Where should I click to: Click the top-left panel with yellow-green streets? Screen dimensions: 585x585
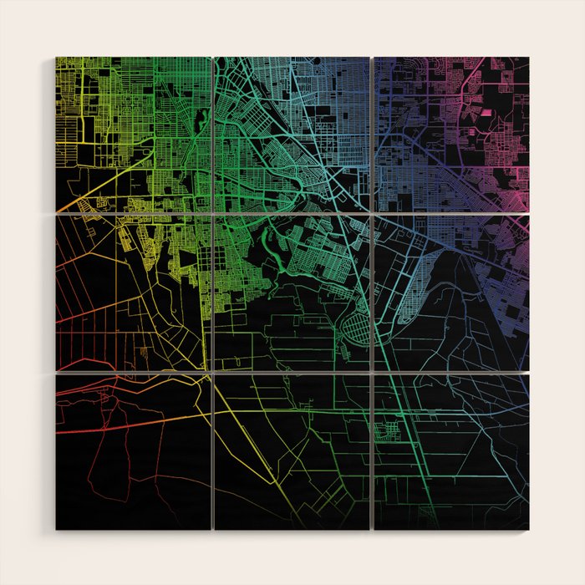point(134,134)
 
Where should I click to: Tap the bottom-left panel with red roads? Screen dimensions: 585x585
point(134,451)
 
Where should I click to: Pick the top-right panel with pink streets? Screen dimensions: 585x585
point(451,134)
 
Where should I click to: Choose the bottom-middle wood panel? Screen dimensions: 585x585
point(292,451)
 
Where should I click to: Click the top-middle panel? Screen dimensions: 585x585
point(292,134)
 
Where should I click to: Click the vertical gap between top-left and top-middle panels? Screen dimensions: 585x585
point(213,134)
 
